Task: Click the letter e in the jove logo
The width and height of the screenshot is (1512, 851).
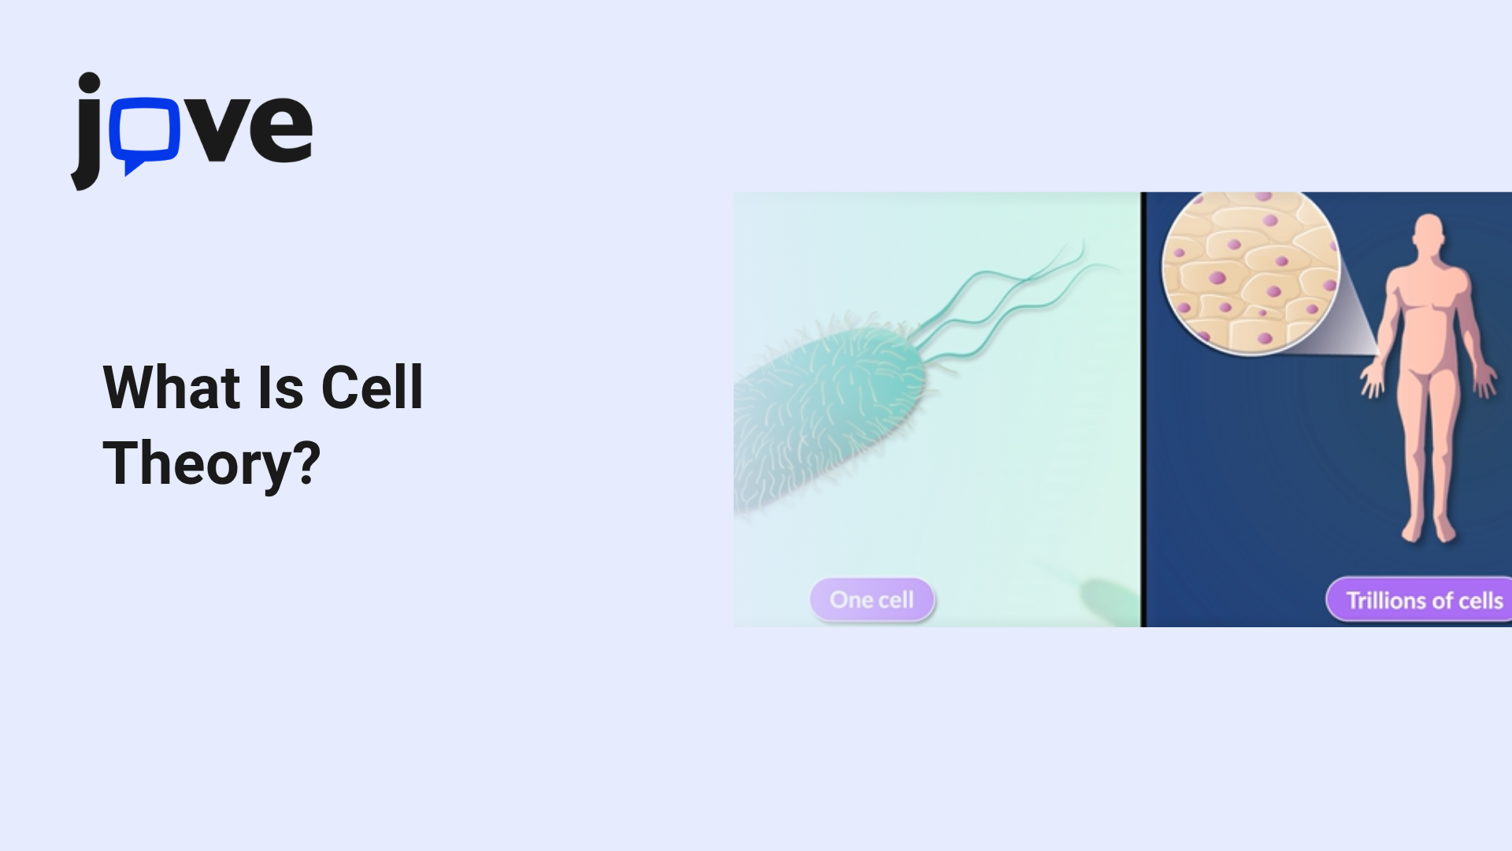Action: [x=282, y=128]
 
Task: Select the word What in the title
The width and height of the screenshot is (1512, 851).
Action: [x=172, y=388]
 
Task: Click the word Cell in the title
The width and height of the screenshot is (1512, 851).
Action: [x=372, y=388]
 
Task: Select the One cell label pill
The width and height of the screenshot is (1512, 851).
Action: [x=872, y=600]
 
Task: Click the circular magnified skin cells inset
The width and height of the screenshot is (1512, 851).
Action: [x=1251, y=272]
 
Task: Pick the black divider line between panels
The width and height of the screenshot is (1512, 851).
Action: [x=1143, y=410]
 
